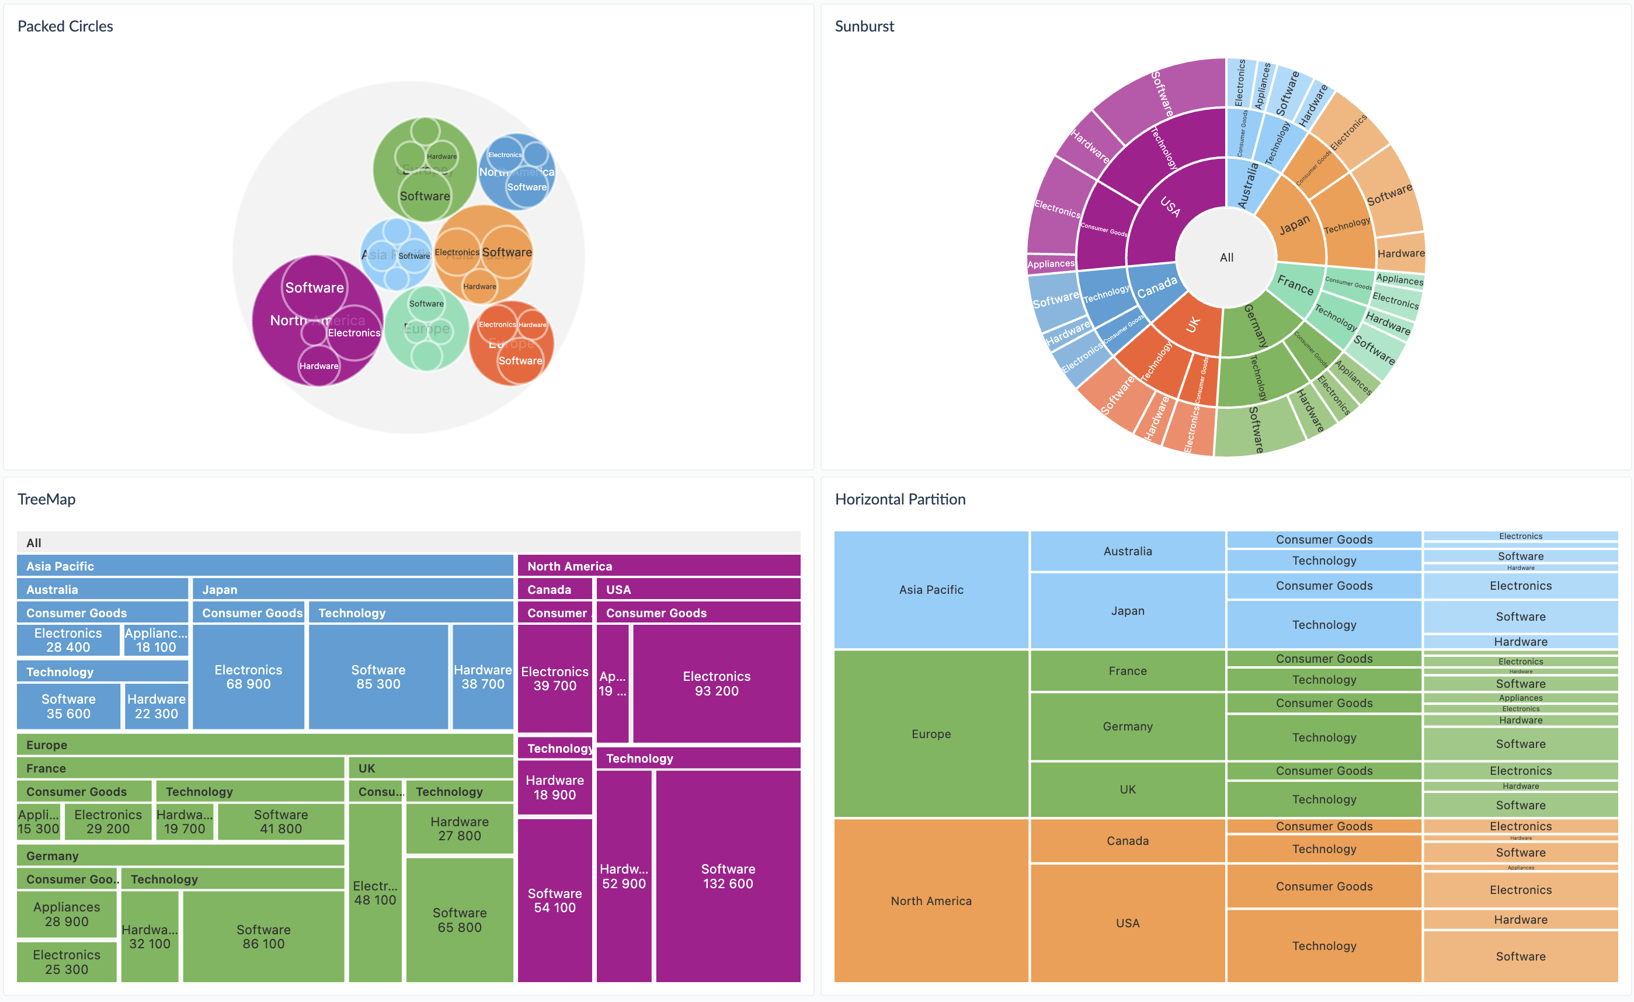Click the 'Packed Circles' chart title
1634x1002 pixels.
click(x=65, y=26)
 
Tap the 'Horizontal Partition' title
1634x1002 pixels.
click(x=899, y=499)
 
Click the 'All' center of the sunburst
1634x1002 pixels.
click(x=1226, y=258)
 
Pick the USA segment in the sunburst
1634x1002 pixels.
click(x=1170, y=206)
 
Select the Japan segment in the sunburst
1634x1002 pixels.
click(x=1294, y=225)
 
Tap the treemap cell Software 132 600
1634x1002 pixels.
click(x=728, y=875)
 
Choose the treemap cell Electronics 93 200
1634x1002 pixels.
click(x=716, y=683)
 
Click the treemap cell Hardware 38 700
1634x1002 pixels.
click(x=483, y=676)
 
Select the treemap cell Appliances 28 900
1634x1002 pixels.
click(x=67, y=913)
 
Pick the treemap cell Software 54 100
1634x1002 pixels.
click(x=554, y=900)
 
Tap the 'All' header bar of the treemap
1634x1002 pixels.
click(x=408, y=542)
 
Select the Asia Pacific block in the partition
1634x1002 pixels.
click(x=930, y=590)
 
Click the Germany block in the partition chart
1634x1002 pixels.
click(x=1127, y=726)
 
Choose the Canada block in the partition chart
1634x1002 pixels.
click(x=1127, y=840)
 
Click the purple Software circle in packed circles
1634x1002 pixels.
click(x=314, y=288)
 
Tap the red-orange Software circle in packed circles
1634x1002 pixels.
click(x=520, y=361)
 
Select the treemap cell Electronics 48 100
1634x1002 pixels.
click(x=375, y=893)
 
